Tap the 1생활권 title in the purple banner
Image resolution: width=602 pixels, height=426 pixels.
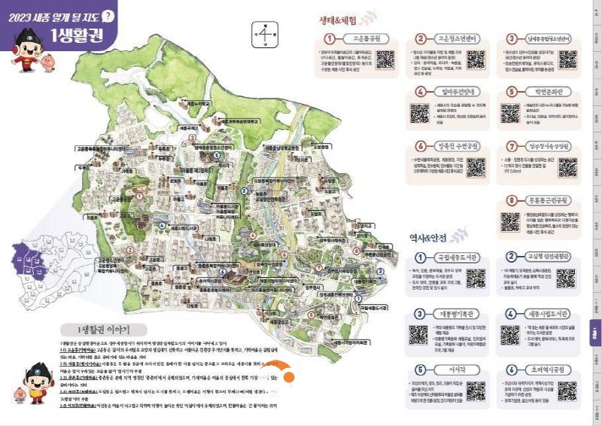click(77, 35)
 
